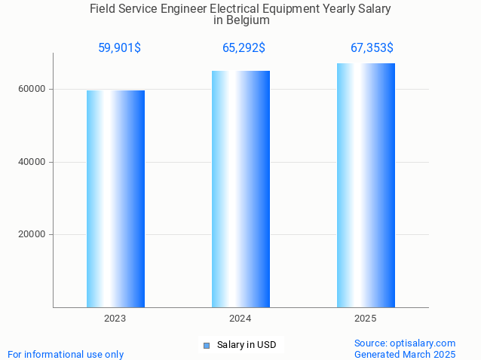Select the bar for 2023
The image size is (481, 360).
coord(115,199)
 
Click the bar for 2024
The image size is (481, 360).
coord(240,189)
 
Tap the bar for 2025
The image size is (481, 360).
coord(366,185)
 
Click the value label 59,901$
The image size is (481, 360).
coord(119,48)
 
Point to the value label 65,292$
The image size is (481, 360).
coord(244,48)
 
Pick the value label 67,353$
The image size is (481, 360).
coord(372,48)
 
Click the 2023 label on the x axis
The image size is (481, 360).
coord(115,319)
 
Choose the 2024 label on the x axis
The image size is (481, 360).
coord(240,319)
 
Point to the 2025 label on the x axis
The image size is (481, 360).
coord(366,319)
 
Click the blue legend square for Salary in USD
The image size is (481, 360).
coord(207,346)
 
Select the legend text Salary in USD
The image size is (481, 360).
coord(247,346)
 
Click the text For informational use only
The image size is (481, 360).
coord(66,354)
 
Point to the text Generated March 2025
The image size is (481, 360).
coord(405,354)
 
